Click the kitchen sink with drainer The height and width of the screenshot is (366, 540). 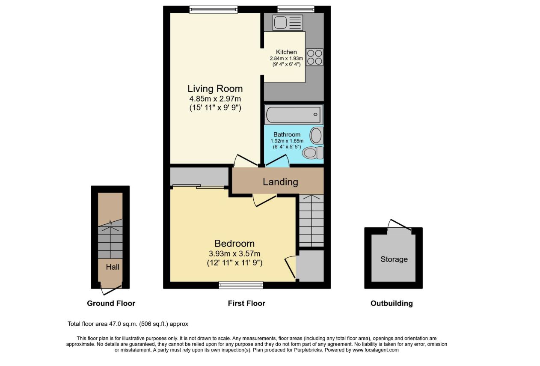[288, 23]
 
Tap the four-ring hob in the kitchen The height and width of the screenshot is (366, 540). [315, 57]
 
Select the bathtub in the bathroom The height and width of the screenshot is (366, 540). [294, 115]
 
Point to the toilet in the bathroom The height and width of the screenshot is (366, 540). [313, 153]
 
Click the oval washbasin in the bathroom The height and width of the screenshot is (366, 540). [316, 136]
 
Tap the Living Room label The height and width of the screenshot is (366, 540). [215, 89]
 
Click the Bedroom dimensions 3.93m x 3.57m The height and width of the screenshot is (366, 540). [234, 254]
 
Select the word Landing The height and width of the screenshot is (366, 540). [280, 182]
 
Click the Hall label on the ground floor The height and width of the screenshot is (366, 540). [113, 267]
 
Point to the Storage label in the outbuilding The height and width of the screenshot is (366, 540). [394, 259]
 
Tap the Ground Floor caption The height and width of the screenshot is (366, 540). [111, 304]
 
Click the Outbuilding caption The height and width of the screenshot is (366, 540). [392, 304]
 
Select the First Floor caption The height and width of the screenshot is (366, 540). [246, 304]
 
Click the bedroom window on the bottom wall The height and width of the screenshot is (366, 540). [241, 285]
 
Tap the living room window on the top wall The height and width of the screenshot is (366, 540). [214, 9]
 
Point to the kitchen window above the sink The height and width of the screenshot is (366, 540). [296, 9]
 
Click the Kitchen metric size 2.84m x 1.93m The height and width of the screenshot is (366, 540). [286, 58]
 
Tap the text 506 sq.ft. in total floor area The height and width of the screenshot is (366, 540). [154, 324]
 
